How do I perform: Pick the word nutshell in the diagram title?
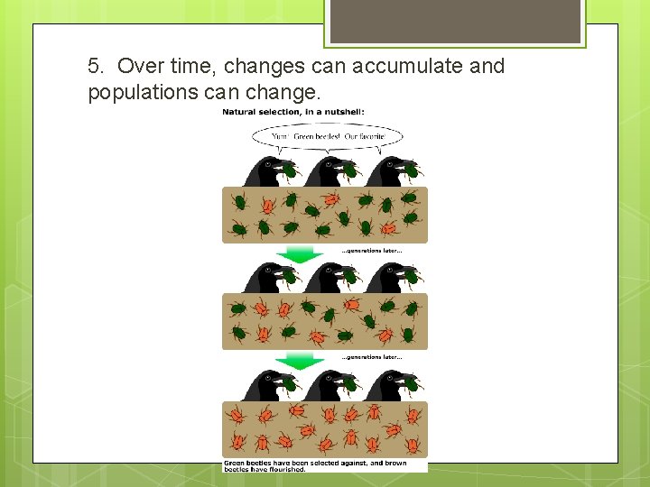(x=342, y=112)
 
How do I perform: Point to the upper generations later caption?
(x=371, y=251)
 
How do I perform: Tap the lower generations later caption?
(x=371, y=357)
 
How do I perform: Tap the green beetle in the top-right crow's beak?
(x=411, y=169)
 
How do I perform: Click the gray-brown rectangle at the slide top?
(x=455, y=21)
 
